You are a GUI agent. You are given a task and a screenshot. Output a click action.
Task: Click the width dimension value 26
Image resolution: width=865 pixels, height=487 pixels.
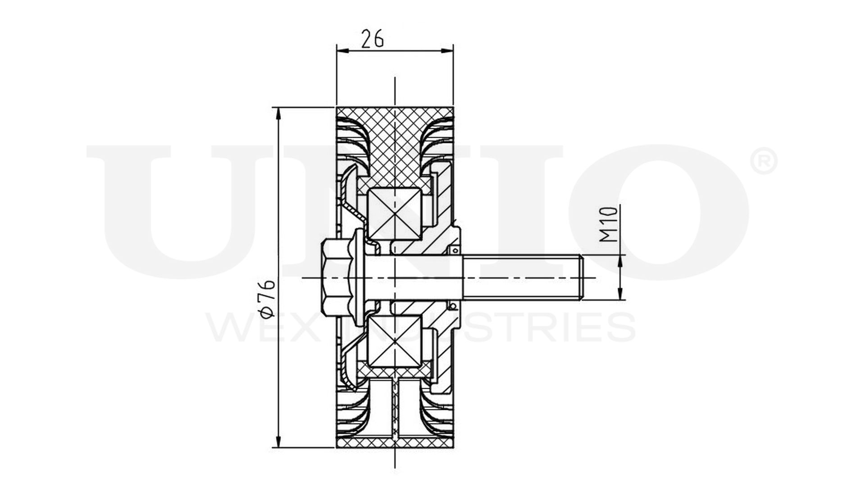pyautogui.click(x=373, y=39)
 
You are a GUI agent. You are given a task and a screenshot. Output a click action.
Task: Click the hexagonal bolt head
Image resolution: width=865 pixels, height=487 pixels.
pyautogui.click(x=336, y=277)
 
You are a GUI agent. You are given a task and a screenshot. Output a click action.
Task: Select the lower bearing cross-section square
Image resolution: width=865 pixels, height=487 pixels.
pyautogui.click(x=395, y=341)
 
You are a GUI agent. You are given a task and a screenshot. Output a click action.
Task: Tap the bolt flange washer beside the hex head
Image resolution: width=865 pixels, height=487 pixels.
pyautogui.click(x=359, y=277)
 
